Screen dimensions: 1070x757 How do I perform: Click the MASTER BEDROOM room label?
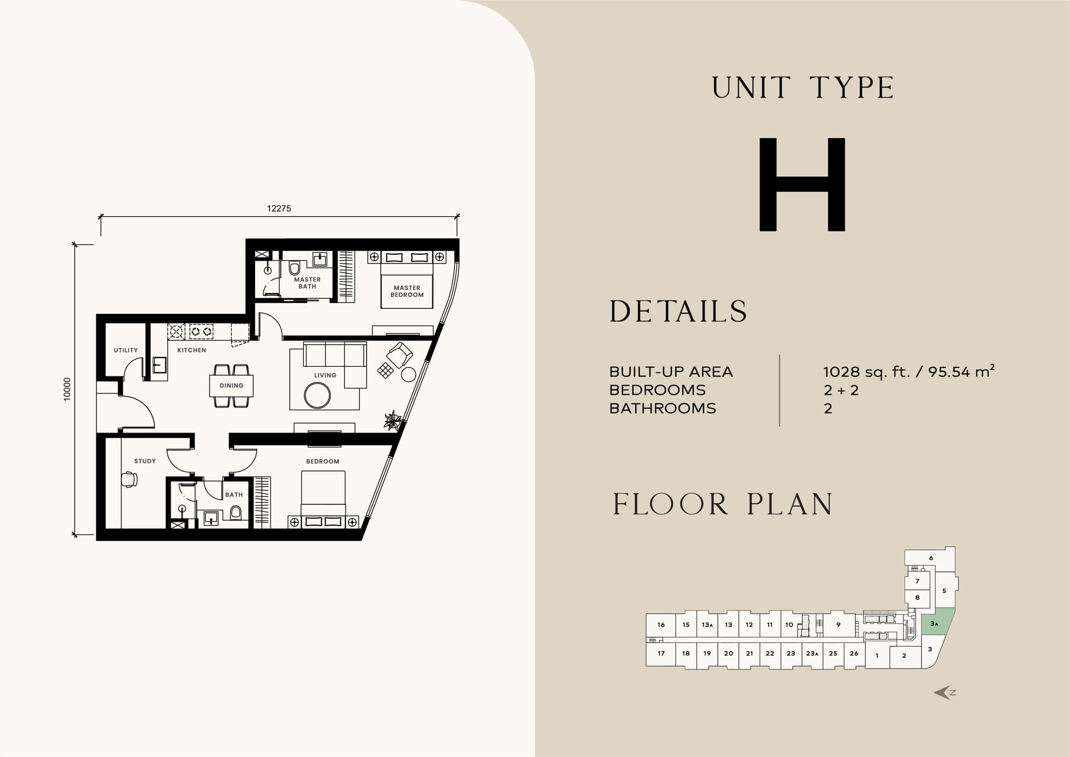coord(407,292)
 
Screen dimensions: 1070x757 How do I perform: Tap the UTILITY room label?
coord(125,350)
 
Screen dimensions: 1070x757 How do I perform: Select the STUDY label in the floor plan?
coord(145,461)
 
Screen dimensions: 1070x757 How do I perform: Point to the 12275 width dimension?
coord(279,208)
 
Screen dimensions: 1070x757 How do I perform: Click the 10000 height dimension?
coord(67,389)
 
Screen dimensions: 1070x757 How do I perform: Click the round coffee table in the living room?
coord(317,396)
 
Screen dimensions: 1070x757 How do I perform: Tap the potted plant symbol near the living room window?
coord(393,420)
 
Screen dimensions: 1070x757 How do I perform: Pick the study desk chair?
coord(129,479)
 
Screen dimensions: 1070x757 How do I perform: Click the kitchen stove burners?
coord(201,331)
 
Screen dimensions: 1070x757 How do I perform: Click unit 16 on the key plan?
coord(661,625)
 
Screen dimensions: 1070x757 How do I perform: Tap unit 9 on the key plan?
coord(838,625)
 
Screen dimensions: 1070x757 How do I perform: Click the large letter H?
coord(802,184)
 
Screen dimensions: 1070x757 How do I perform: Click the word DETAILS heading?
coord(678,311)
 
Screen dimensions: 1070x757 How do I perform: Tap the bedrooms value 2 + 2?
coord(841,390)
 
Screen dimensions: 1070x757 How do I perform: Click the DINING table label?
coord(231,386)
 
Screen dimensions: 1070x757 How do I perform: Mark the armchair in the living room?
coord(400,355)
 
